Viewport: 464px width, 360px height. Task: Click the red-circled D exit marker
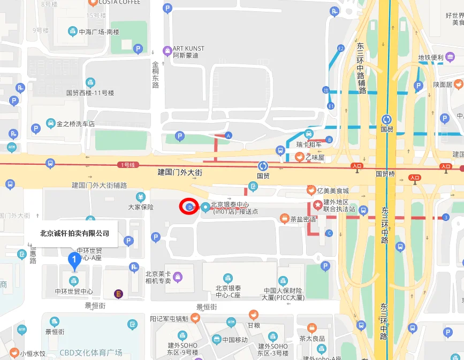(189, 206)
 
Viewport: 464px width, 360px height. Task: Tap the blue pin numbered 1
(75, 261)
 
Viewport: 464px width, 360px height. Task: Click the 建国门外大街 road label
(180, 172)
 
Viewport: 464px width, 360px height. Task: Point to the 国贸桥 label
(385, 173)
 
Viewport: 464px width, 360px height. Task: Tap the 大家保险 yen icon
(140, 196)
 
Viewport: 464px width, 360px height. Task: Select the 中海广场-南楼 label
(98, 32)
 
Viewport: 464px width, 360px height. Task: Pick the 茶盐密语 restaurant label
(302, 219)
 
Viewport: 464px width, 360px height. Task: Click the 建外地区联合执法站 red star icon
(317, 203)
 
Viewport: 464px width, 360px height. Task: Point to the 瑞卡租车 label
(311, 144)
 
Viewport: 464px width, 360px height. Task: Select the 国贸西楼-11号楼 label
(90, 93)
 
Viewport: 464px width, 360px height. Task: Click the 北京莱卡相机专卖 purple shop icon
(178, 277)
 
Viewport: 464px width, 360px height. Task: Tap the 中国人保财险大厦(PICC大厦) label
(283, 294)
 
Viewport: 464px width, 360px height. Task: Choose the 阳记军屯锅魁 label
(169, 318)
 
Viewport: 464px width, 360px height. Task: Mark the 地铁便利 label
(430, 58)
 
